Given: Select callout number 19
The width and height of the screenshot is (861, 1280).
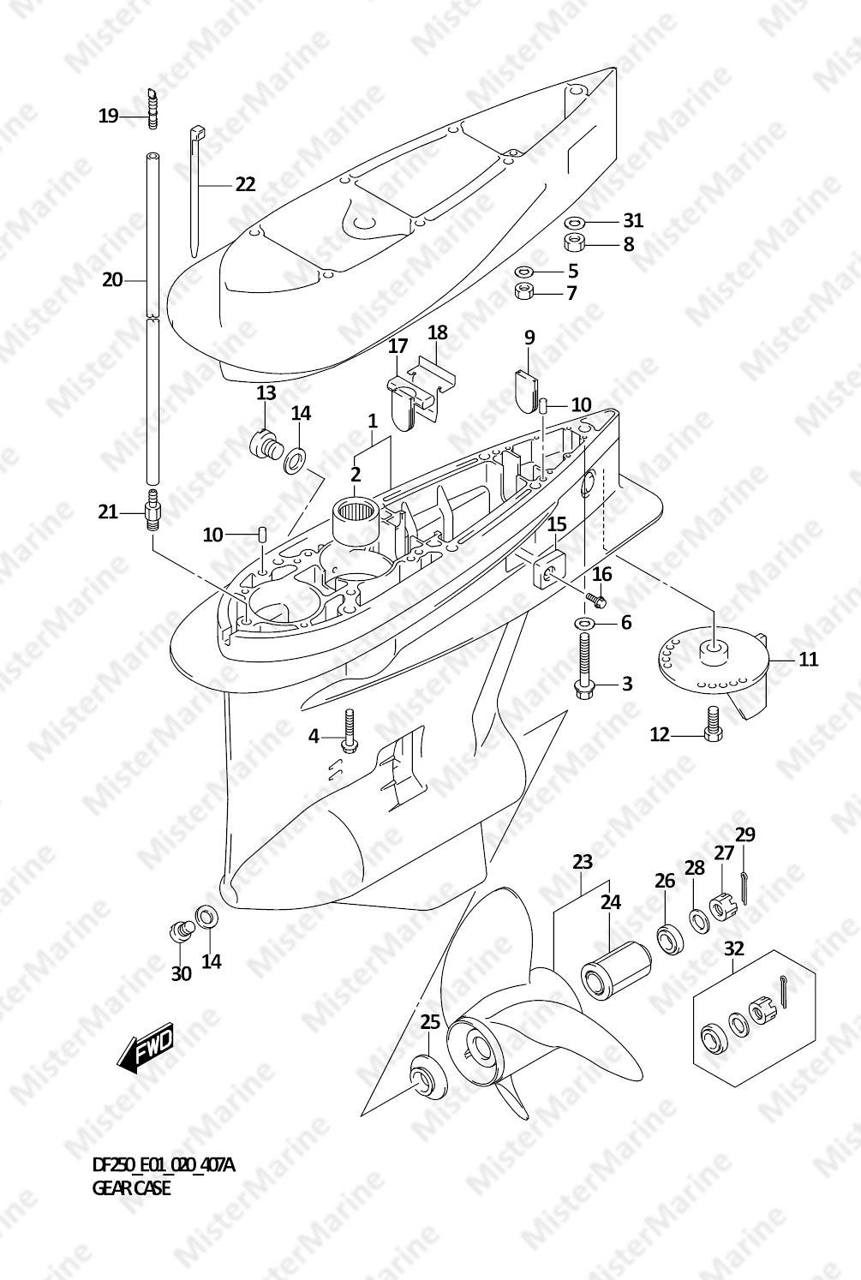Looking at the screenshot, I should (108, 116).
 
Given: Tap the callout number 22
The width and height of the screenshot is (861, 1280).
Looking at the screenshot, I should (245, 184).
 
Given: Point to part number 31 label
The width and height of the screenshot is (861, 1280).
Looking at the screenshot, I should (632, 220).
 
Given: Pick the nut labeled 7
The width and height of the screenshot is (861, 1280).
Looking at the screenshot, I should (525, 292).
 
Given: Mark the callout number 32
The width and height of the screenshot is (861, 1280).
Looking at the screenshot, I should (733, 948).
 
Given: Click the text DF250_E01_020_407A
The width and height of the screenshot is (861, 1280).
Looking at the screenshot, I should (162, 1165).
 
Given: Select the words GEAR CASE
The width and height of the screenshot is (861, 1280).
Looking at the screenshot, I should (131, 1188).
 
